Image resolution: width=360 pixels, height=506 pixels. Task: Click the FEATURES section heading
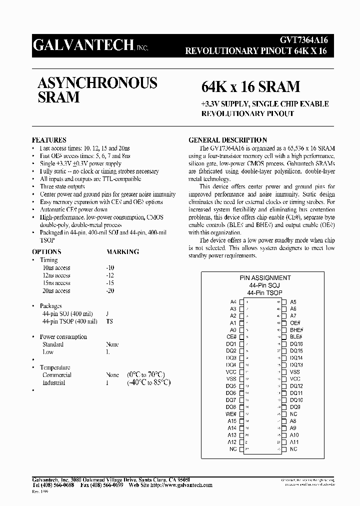point(49,140)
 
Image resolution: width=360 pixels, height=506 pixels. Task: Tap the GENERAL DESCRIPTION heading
point(227,140)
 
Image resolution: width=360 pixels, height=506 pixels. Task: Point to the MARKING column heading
point(122,252)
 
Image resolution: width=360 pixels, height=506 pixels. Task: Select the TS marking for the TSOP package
point(109,321)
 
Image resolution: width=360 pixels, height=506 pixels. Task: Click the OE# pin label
point(295,323)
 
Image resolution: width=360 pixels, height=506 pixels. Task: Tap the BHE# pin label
point(296,330)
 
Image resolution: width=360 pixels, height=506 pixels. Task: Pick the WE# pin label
point(230,414)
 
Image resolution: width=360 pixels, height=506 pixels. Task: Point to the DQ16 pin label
point(296,344)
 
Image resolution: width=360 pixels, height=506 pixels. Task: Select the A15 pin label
point(232,421)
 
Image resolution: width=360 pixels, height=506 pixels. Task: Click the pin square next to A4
point(241,302)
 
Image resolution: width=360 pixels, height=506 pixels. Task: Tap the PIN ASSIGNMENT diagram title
point(265,278)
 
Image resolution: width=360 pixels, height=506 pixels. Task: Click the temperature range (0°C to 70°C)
point(145,374)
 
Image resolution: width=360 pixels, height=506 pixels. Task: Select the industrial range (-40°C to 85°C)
point(148,382)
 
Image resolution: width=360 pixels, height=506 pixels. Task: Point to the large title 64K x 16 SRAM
point(250,86)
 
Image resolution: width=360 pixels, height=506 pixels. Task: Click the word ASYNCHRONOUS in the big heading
point(97,82)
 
